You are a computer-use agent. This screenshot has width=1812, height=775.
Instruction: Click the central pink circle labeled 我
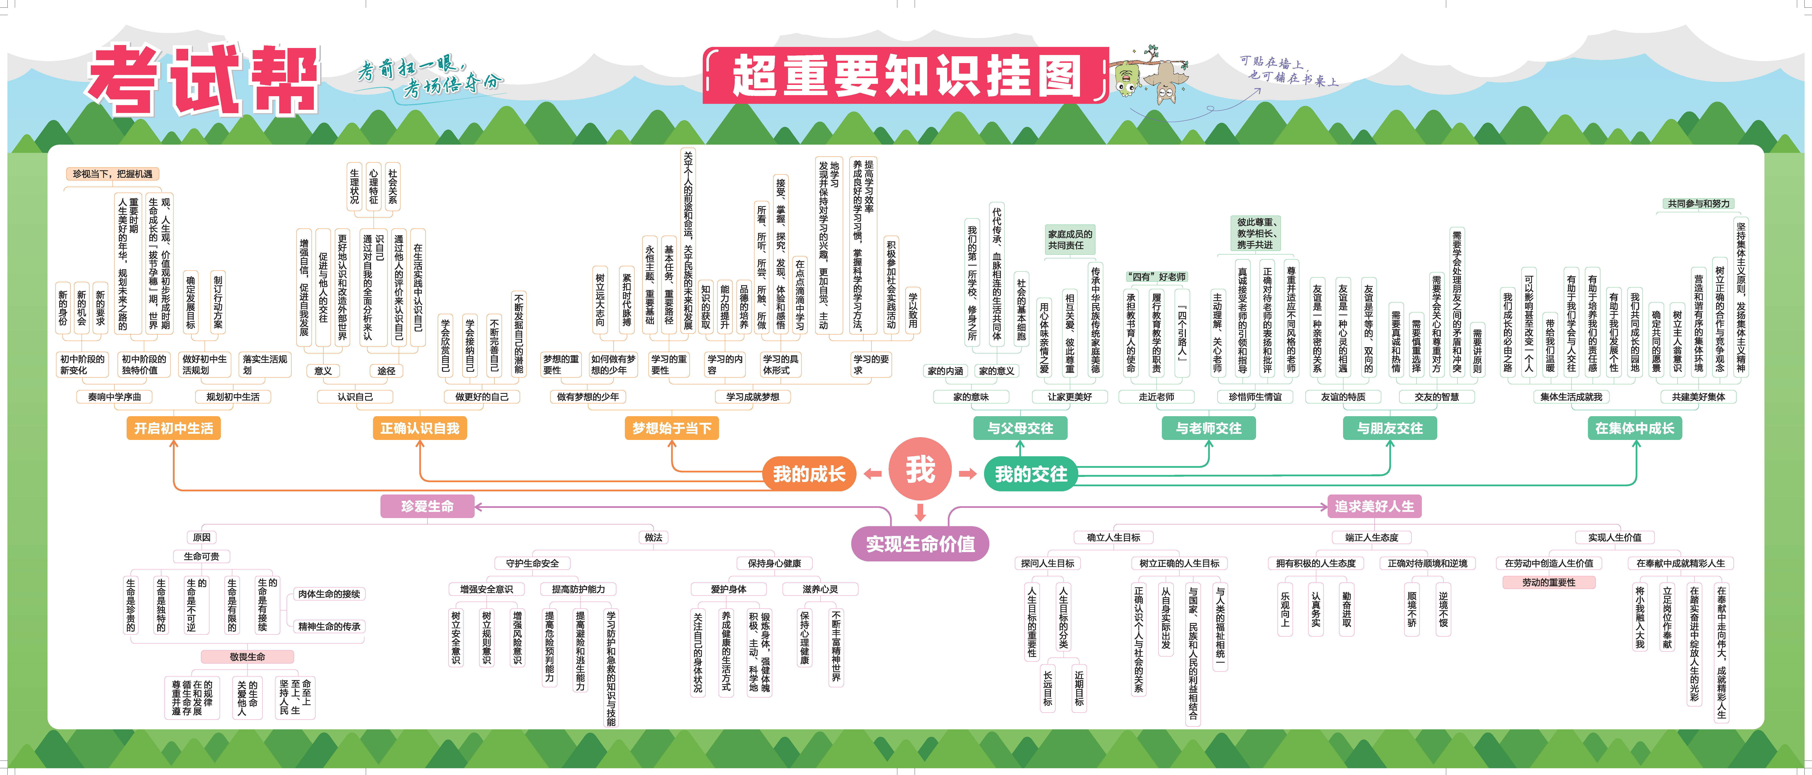pyautogui.click(x=920, y=469)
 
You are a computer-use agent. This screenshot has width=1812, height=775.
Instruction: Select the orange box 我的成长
pyautogui.click(x=809, y=474)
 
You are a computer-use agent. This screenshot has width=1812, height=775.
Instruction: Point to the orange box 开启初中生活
pyautogui.click(x=174, y=428)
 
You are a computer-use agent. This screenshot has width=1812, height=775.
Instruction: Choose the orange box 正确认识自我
pyautogui.click(x=420, y=428)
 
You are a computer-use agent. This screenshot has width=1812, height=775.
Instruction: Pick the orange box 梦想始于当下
pyautogui.click(x=672, y=428)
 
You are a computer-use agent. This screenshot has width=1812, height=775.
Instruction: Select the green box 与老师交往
pyautogui.click(x=1209, y=428)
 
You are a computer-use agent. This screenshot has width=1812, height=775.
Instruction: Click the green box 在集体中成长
pyautogui.click(x=1635, y=428)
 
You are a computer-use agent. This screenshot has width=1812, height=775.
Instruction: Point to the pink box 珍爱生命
pyautogui.click(x=428, y=506)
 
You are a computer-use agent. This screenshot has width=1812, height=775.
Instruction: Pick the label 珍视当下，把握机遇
pyautogui.click(x=112, y=174)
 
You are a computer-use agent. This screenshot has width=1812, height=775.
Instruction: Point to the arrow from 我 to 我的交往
pyautogui.click(x=968, y=474)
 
